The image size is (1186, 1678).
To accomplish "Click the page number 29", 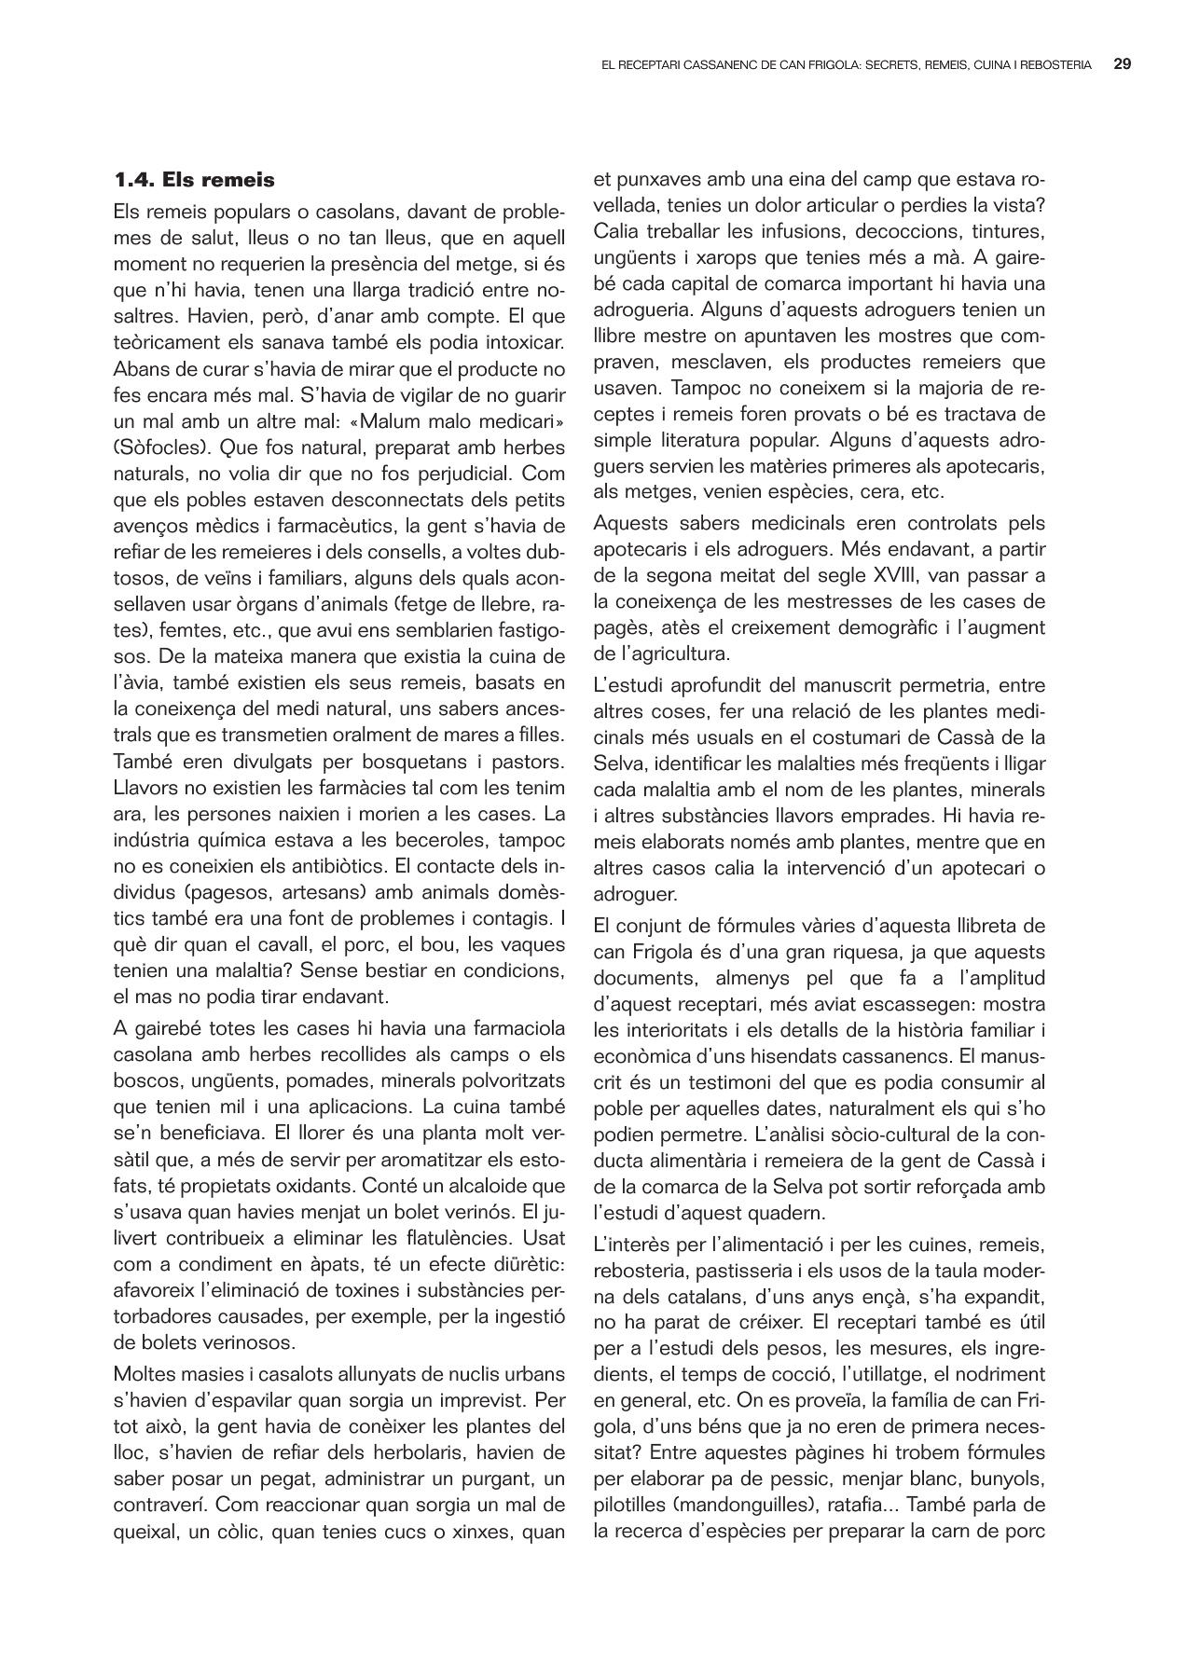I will [x=1123, y=65].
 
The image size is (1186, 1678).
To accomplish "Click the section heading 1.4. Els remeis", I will [x=194, y=179].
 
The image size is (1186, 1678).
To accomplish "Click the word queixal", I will [x=144, y=1531].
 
